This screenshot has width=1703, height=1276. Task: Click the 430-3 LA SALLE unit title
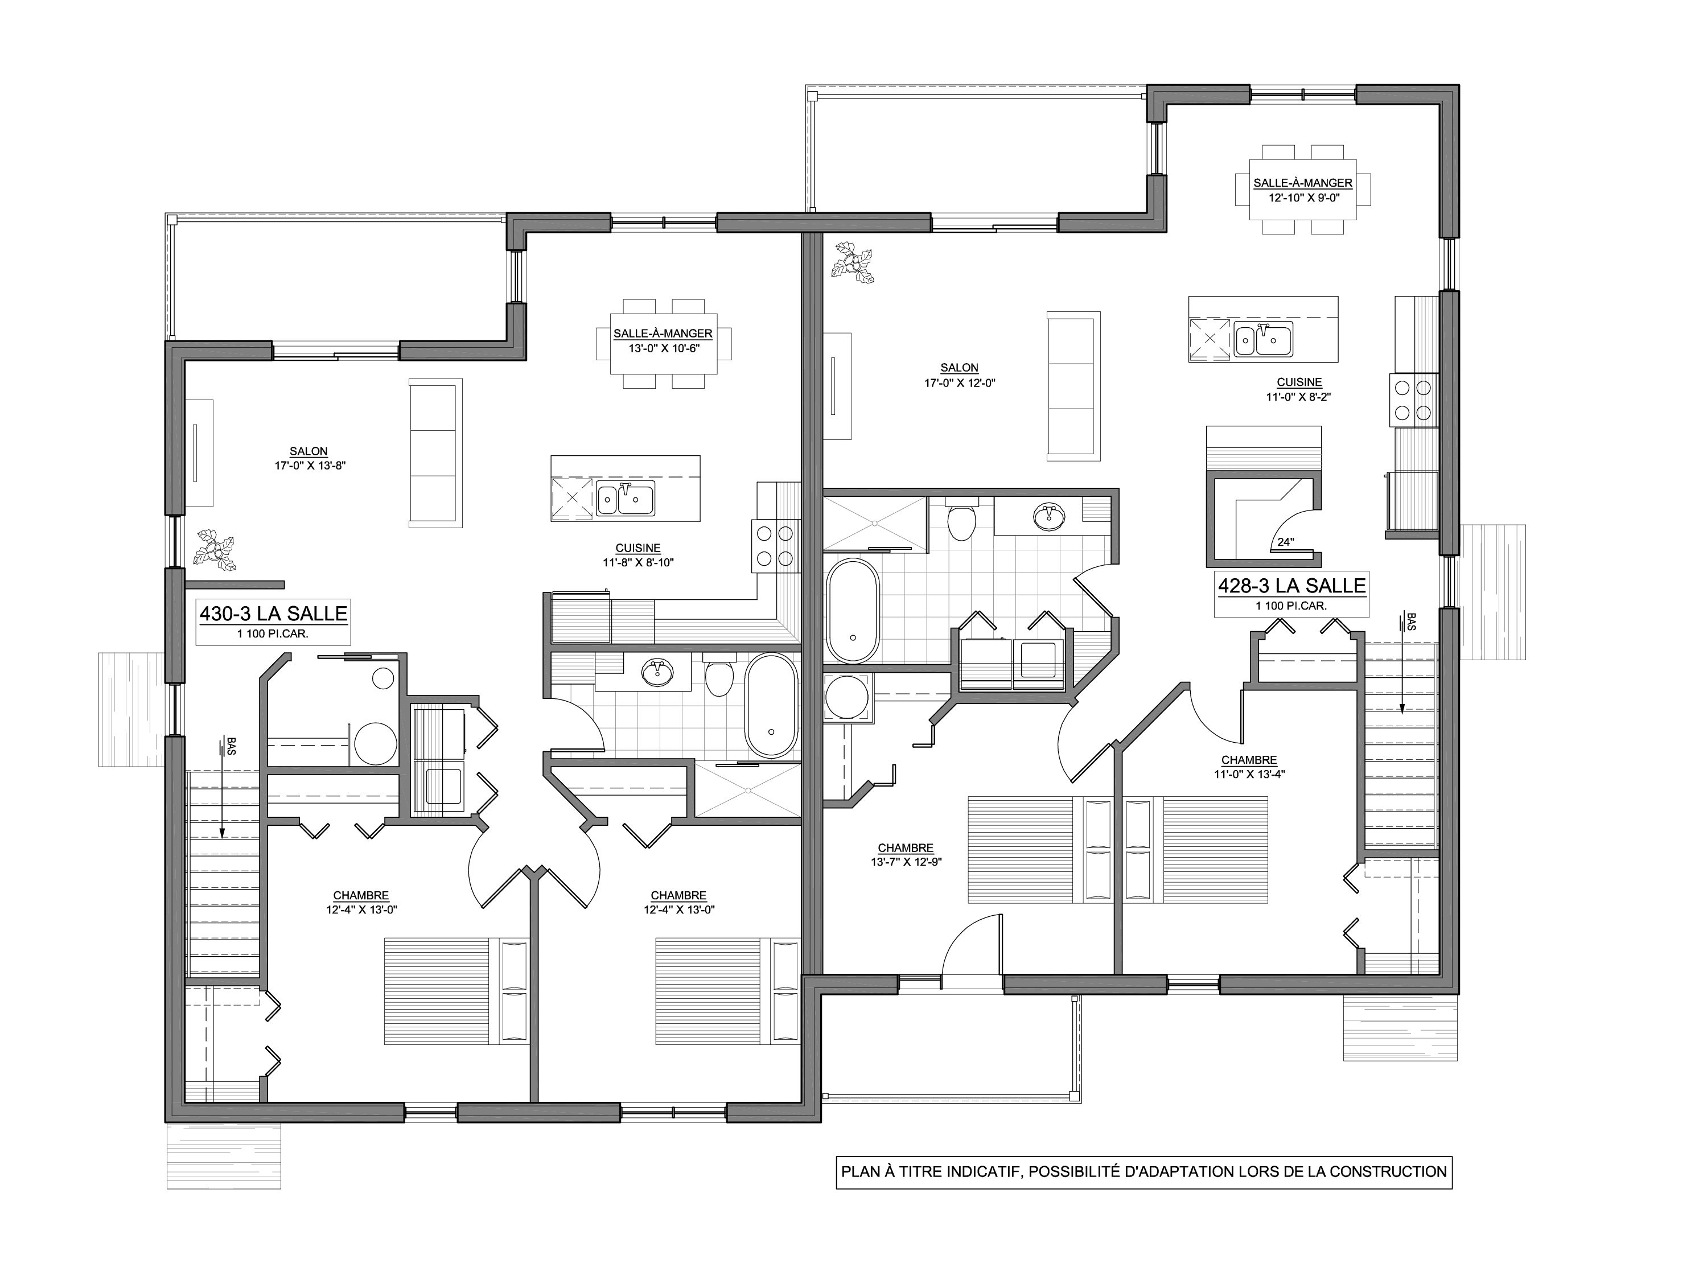[x=273, y=614]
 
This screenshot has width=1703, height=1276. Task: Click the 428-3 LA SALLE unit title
[x=1292, y=586]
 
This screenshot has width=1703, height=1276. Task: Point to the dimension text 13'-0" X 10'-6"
[x=663, y=348]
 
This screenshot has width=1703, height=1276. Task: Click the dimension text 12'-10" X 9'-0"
[x=1303, y=197]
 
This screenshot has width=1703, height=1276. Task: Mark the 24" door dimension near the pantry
[x=1286, y=542]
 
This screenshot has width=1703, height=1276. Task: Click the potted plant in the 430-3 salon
[x=216, y=549]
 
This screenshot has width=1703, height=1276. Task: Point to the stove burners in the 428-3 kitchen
[x=1413, y=400]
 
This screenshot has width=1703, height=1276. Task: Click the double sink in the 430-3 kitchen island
[x=625, y=499]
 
